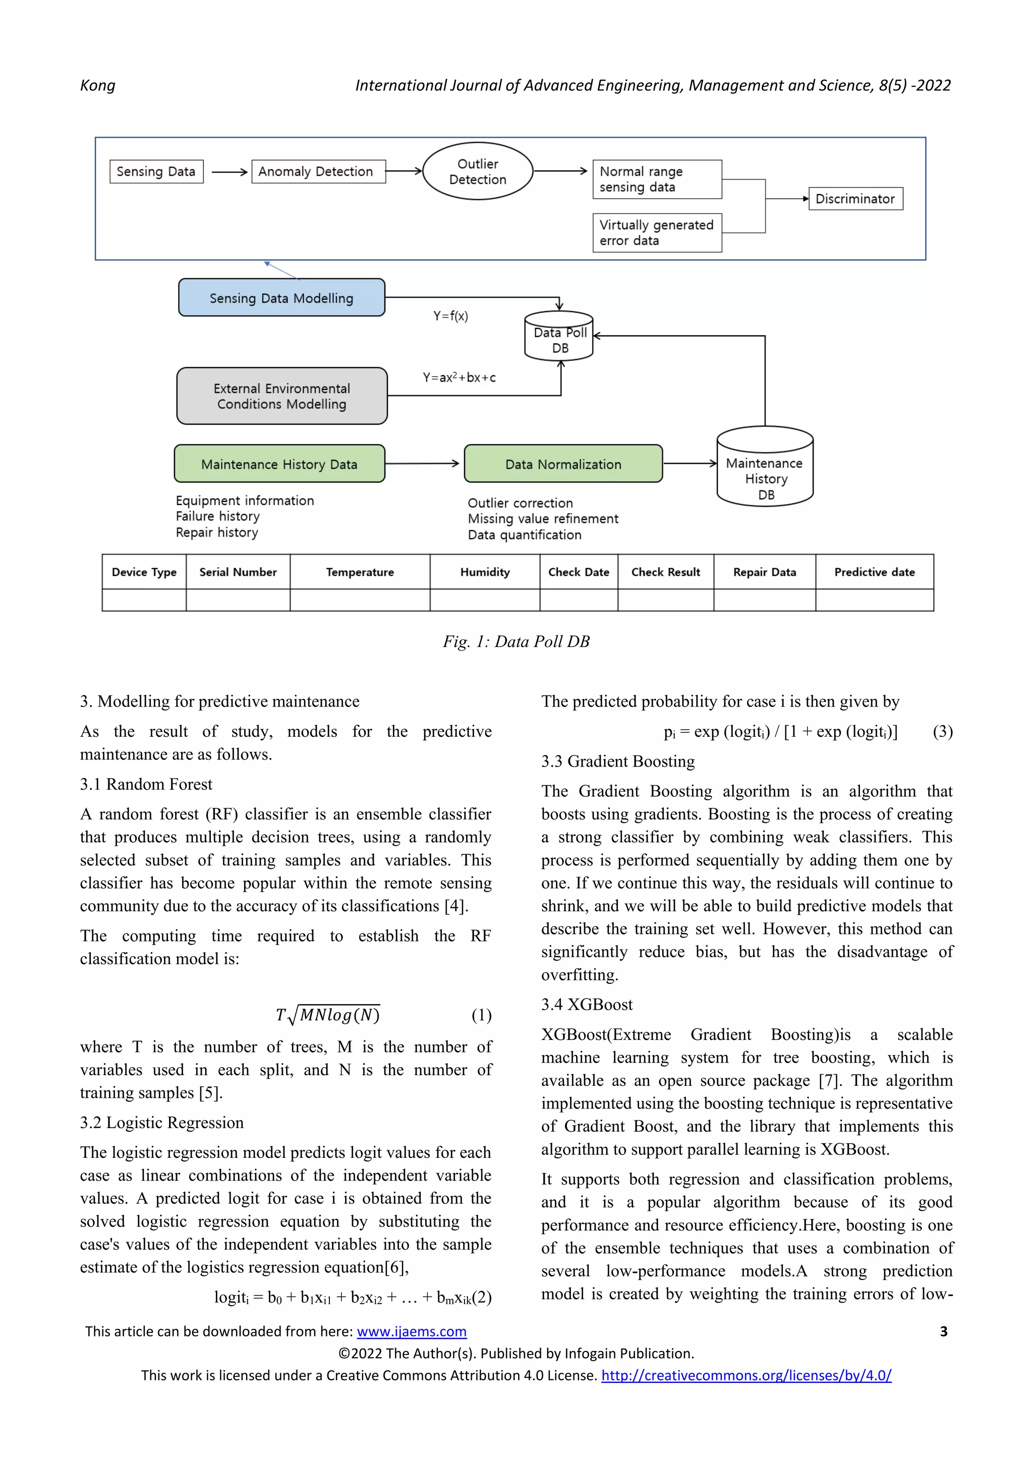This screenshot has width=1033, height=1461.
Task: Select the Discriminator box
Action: [855, 199]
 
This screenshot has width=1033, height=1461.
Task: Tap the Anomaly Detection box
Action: [318, 171]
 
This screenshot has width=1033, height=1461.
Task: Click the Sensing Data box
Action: [156, 171]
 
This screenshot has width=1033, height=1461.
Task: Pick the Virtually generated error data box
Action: [657, 233]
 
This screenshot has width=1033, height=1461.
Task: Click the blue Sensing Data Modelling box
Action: [281, 298]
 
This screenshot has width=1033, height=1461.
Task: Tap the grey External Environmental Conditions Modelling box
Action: [281, 396]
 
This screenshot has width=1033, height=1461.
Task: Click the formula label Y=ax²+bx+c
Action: [459, 377]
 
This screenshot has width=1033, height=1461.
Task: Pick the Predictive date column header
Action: [874, 572]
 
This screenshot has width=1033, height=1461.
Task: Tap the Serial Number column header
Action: [238, 572]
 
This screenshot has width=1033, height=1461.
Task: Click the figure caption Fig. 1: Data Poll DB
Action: [516, 641]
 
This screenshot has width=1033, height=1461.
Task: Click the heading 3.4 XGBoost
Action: [586, 1004]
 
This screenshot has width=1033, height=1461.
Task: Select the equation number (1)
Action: [481, 1015]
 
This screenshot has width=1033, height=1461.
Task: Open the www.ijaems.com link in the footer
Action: [411, 1331]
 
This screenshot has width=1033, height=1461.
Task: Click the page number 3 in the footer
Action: [943, 1331]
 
